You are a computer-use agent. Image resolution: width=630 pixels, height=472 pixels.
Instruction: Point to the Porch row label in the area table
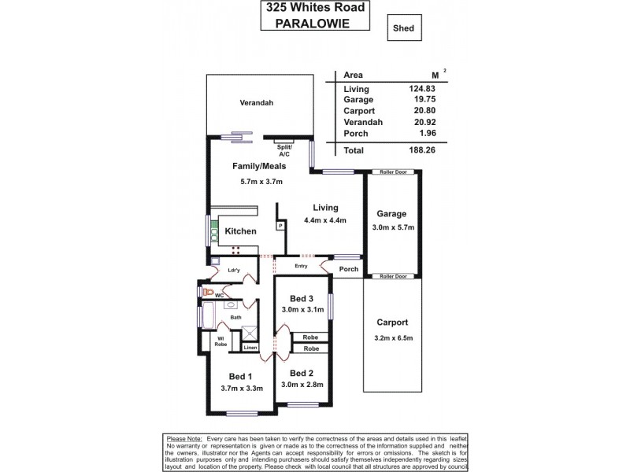tap(357, 133)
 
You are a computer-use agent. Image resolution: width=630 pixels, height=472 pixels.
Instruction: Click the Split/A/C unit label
tap(285, 151)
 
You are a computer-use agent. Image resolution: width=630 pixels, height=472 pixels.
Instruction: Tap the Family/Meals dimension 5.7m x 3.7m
tap(261, 182)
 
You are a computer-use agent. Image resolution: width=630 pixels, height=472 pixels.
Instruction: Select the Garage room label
tap(391, 214)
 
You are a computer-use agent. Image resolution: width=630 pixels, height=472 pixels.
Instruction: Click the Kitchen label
tap(240, 232)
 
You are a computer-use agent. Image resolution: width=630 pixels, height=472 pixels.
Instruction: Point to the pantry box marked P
tap(280, 227)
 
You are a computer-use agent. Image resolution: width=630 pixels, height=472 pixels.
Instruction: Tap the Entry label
tap(301, 266)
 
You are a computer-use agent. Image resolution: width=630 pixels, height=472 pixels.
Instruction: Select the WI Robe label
tap(222, 341)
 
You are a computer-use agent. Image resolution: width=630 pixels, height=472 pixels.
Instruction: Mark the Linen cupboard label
tap(250, 347)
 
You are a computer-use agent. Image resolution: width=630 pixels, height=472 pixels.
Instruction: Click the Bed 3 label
tap(302, 299)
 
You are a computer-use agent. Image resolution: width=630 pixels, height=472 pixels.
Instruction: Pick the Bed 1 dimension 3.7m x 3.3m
tap(240, 386)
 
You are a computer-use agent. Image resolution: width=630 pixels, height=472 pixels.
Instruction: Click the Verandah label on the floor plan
tap(256, 103)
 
